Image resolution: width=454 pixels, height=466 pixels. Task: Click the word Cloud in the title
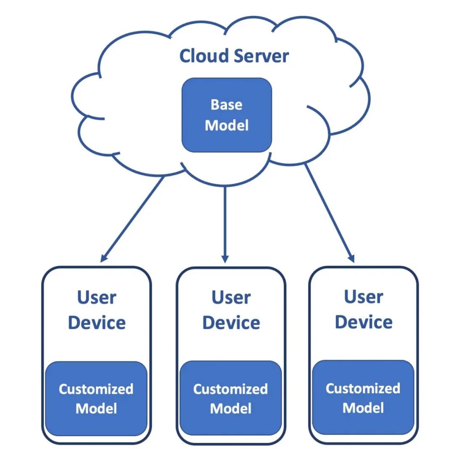(x=203, y=56)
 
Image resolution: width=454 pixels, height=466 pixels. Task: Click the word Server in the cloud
(x=261, y=56)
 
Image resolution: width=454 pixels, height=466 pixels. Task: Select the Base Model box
(x=227, y=115)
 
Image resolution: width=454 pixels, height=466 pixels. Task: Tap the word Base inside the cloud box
(x=227, y=105)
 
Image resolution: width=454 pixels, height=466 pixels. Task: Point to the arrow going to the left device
(x=132, y=219)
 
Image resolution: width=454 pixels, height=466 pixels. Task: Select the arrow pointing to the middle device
(x=225, y=223)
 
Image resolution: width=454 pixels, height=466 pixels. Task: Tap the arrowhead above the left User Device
(x=103, y=257)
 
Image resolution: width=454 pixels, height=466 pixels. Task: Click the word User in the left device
(x=97, y=298)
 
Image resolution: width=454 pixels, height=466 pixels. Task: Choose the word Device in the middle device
(x=231, y=323)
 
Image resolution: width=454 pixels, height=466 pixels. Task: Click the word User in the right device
(x=364, y=297)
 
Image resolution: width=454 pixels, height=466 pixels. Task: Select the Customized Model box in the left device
(x=96, y=398)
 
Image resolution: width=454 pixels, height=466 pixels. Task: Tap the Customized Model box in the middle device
(x=230, y=398)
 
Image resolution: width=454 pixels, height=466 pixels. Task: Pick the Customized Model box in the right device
(x=363, y=397)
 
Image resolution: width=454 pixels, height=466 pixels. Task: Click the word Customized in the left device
(x=96, y=389)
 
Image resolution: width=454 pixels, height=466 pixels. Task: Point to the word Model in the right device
(x=363, y=407)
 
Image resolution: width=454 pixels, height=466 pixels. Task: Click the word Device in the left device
(x=97, y=323)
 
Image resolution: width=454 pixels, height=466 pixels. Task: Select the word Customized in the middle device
(x=230, y=389)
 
